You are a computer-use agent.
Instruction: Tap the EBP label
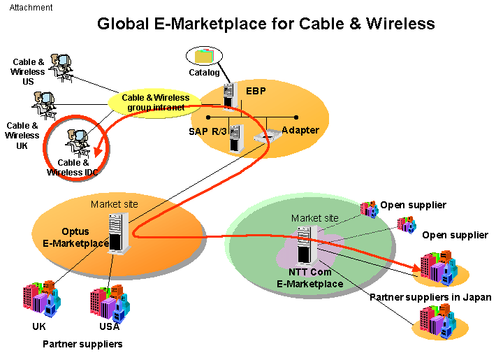pos(255,90)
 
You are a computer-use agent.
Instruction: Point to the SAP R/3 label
pos(207,131)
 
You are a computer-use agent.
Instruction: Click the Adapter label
pos(300,130)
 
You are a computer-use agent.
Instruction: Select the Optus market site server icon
pos(119,233)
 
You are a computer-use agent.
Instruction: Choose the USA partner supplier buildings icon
pos(108,300)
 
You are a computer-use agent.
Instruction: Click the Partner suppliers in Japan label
pos(430,297)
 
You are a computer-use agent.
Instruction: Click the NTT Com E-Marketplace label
pos(310,278)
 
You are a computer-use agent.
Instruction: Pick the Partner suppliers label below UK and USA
pos(82,344)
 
